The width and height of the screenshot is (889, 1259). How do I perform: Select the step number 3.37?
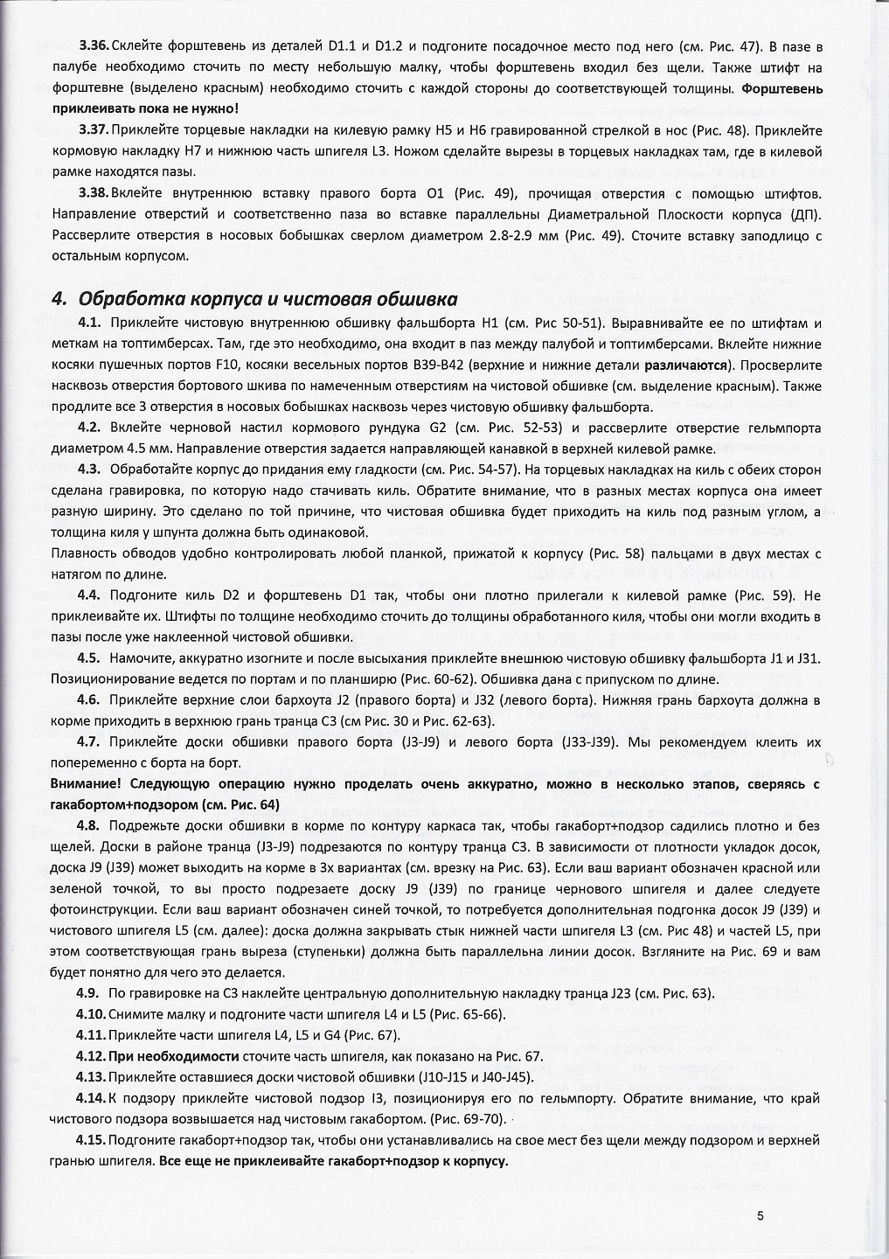pos(94,130)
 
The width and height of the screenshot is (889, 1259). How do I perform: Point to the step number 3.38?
pos(94,192)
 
